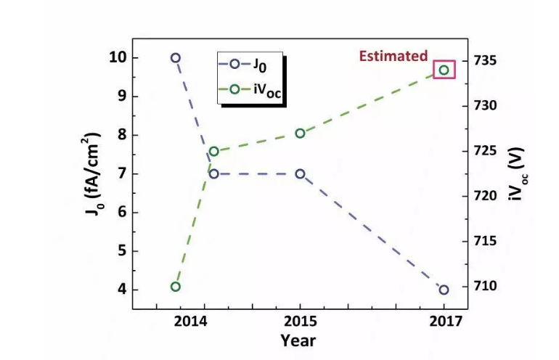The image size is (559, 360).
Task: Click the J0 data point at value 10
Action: click(175, 57)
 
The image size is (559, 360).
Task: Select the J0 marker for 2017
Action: click(444, 290)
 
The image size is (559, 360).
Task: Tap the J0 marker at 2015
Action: click(300, 174)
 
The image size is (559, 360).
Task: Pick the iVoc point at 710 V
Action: click(175, 287)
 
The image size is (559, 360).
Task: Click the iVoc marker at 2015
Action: click(300, 133)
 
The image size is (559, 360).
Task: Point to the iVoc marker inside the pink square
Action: click(444, 70)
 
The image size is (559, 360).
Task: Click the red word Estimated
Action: click(394, 56)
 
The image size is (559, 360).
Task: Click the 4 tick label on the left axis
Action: click(121, 290)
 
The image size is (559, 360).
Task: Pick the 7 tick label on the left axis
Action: click(121, 173)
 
